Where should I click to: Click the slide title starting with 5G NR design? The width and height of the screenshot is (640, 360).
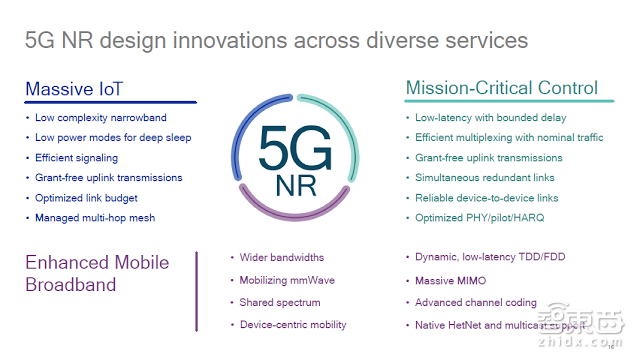pyautogui.click(x=275, y=39)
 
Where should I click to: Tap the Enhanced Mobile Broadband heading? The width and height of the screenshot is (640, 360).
pyautogui.click(x=96, y=274)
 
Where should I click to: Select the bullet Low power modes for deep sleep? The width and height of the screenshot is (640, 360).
pyautogui.click(x=112, y=138)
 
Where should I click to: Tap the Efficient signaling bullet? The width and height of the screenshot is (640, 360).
pyautogui.click(x=76, y=158)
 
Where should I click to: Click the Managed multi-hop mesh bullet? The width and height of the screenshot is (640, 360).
pyautogui.click(x=95, y=218)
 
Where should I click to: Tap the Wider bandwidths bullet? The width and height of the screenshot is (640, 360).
pyautogui.click(x=281, y=258)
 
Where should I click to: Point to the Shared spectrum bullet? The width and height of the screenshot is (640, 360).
pyautogui.click(x=280, y=302)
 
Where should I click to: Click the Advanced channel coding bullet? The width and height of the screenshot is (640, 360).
pyautogui.click(x=476, y=302)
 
